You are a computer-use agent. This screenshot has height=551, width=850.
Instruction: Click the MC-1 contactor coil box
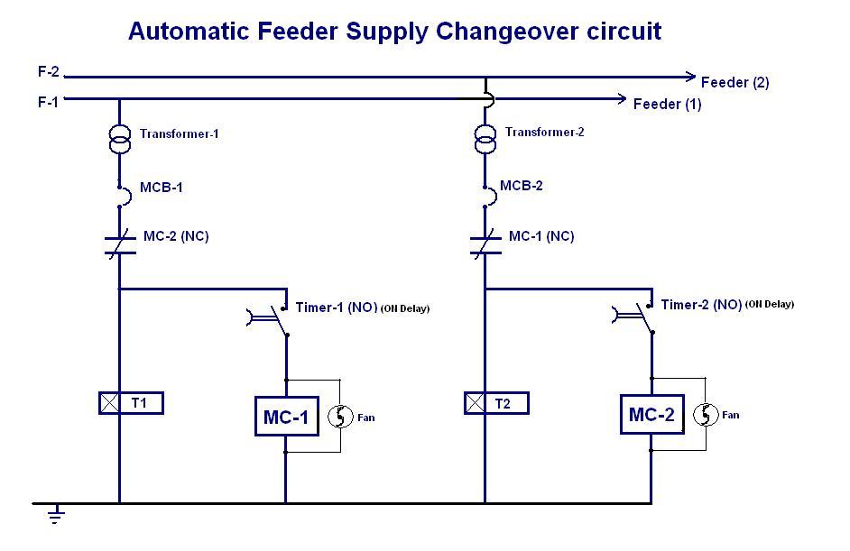[286, 418]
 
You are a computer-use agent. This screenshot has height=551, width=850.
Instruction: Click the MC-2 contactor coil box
[651, 415]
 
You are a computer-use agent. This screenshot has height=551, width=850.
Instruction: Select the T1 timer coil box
[131, 403]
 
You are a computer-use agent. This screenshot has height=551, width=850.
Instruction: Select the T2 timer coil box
[496, 403]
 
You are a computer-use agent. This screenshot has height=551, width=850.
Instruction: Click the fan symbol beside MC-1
[339, 417]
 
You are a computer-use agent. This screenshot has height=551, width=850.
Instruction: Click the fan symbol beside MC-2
[705, 415]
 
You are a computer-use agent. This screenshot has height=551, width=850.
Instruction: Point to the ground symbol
[56, 516]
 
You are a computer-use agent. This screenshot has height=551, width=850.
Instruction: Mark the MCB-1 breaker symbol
[120, 190]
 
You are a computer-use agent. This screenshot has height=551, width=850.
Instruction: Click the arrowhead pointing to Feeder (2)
[689, 77]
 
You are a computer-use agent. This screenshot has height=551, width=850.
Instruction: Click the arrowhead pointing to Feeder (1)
[620, 98]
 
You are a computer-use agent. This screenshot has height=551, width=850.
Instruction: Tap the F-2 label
[49, 73]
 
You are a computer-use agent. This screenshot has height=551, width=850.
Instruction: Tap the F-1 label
[48, 102]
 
